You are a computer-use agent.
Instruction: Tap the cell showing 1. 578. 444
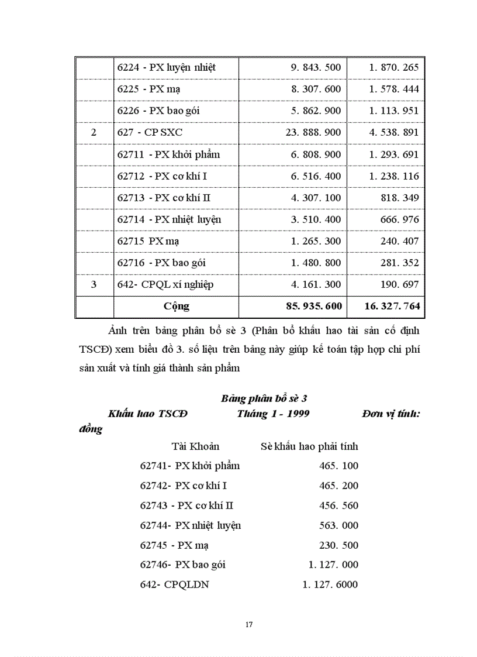[x=393, y=90]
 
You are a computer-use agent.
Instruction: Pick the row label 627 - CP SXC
[x=150, y=133]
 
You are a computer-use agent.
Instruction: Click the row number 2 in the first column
[x=94, y=133]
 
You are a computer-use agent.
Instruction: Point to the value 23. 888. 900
[x=313, y=133]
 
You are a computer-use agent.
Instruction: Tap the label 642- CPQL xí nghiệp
[x=165, y=285]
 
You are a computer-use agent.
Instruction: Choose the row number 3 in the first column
[x=94, y=285]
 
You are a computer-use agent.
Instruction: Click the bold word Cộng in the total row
[x=176, y=306]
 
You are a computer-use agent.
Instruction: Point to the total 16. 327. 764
[x=392, y=306]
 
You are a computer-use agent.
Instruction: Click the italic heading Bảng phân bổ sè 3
[x=264, y=399]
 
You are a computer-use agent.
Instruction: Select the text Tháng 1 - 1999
[x=273, y=414]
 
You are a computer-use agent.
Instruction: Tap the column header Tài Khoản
[x=195, y=446]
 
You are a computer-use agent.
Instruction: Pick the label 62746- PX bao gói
[x=183, y=565]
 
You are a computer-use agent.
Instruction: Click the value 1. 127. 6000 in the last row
[x=330, y=584]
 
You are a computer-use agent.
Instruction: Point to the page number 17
[x=249, y=625]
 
